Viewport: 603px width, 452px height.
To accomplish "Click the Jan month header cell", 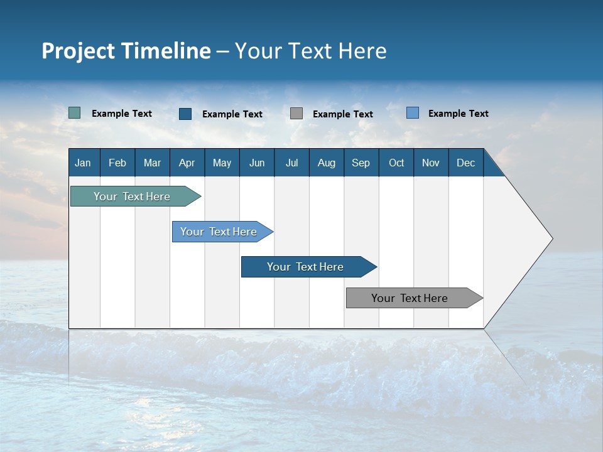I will point(84,163).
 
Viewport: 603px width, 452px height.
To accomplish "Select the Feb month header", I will point(117,163).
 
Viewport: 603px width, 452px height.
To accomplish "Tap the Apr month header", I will point(187,163).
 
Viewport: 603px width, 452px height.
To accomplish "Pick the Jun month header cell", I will point(257,163).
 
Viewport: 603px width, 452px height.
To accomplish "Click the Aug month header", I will point(326,163).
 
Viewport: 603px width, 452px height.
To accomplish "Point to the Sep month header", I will point(361,163).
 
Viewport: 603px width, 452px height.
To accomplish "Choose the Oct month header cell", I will point(396,163).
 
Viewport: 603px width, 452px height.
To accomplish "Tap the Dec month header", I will point(465,163).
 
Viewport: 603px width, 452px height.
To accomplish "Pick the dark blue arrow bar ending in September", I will point(306,267).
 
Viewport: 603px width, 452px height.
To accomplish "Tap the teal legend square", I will point(74,113).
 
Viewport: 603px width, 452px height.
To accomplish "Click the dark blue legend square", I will point(185,114).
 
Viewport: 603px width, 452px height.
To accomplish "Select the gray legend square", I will point(296,113).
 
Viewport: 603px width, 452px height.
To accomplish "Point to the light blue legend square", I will point(413,113).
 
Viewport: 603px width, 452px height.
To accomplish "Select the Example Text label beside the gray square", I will point(343,114).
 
